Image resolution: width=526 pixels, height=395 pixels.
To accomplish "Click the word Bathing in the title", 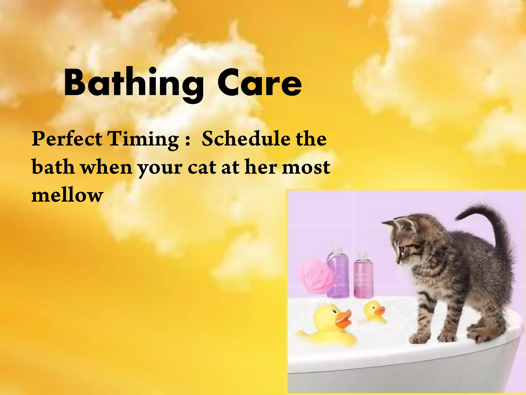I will [134, 84].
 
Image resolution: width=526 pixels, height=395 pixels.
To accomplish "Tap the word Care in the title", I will [259, 84].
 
